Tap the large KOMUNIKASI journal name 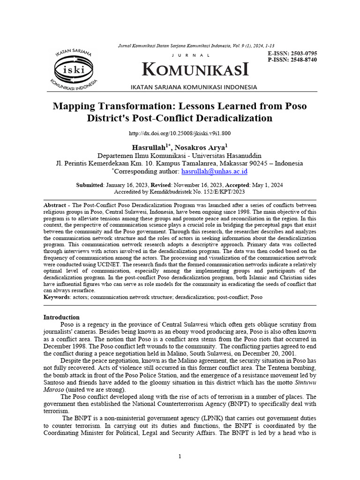tap(195, 70)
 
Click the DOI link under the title tap(180, 134)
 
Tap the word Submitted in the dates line tap(90, 185)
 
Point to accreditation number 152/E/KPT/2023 tap(218, 192)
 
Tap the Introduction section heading tap(61, 317)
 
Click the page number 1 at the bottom tap(180, 457)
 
